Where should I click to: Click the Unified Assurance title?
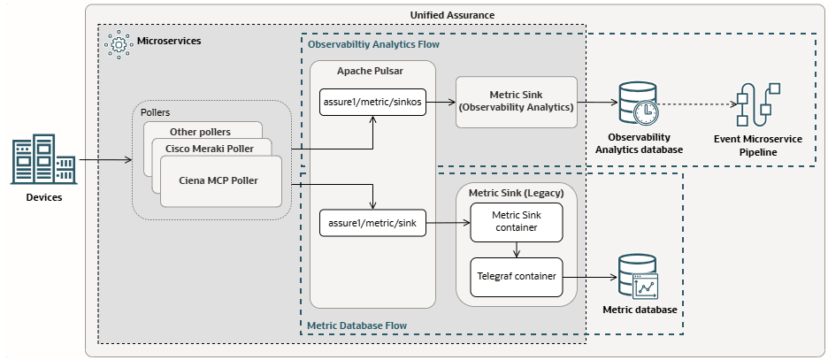pos(453,15)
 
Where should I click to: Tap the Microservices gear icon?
pos(115,42)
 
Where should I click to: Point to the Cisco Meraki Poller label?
pos(210,148)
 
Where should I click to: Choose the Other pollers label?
pos(199,132)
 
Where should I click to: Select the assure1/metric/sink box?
pos(372,225)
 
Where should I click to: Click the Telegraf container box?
pos(514,277)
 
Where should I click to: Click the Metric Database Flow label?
pos(356,326)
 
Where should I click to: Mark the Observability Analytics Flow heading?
pos(372,43)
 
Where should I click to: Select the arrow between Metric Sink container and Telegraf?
pos(514,250)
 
